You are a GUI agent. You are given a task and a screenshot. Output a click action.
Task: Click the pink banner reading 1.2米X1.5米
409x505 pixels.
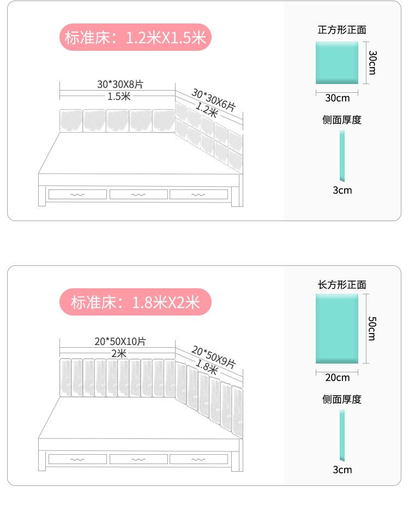point(135,38)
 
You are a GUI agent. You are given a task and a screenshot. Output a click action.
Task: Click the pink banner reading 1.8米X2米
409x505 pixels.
point(135,302)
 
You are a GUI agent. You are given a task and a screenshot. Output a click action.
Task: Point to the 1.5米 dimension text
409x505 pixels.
point(118,97)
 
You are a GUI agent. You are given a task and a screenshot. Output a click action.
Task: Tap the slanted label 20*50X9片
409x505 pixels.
point(213,356)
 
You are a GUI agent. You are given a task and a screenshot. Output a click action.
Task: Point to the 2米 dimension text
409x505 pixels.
point(118,353)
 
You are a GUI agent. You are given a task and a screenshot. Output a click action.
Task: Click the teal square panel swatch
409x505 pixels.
point(338,63)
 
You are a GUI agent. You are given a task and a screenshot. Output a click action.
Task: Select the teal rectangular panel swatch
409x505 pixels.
point(338,328)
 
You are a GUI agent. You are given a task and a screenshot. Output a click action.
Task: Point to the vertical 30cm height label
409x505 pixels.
point(372,63)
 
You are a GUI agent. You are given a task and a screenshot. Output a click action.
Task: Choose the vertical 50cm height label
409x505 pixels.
point(372,329)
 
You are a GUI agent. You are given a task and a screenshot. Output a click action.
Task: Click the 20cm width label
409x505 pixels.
point(338,377)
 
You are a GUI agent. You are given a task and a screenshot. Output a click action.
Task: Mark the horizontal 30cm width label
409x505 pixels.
point(338,98)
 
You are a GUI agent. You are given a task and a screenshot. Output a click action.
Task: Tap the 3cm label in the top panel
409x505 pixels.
point(342,190)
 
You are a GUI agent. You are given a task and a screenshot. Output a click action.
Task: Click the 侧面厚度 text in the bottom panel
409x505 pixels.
point(342,399)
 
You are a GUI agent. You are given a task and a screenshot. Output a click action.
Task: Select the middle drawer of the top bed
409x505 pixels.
point(139,194)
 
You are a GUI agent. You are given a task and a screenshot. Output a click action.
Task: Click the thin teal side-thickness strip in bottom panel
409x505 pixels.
point(342,435)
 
